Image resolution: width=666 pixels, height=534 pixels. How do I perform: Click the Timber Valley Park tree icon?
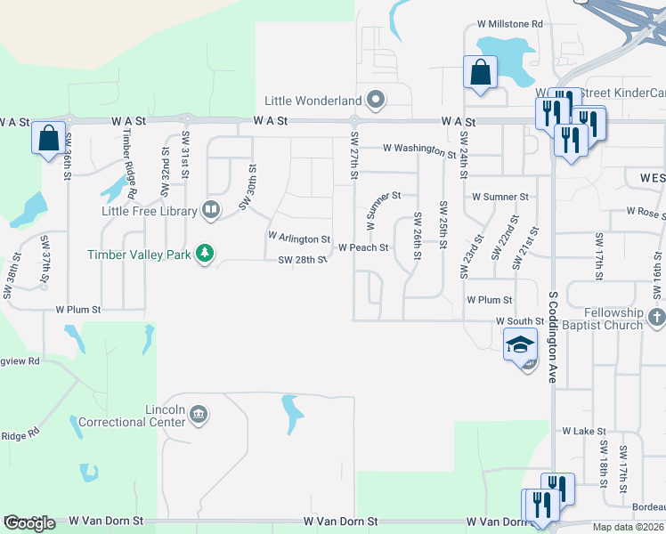206,254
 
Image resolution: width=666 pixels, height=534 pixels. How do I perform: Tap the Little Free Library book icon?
211,210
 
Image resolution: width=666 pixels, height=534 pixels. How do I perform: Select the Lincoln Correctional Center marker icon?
199,414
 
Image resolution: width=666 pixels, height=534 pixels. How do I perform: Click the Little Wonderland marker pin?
376,100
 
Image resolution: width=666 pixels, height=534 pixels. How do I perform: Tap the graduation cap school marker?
519,344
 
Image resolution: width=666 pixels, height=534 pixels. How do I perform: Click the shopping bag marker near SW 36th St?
48,138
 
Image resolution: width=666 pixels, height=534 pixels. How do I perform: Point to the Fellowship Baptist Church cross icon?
657,318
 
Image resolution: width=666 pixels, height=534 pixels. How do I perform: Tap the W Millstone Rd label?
510,24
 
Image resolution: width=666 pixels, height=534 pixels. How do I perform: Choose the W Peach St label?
364,248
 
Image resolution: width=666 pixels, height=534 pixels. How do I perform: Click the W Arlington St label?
299,239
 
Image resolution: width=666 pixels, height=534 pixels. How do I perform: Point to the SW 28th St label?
303,260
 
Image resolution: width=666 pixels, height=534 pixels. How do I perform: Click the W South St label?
520,320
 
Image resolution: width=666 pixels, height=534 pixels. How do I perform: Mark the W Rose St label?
646,212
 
